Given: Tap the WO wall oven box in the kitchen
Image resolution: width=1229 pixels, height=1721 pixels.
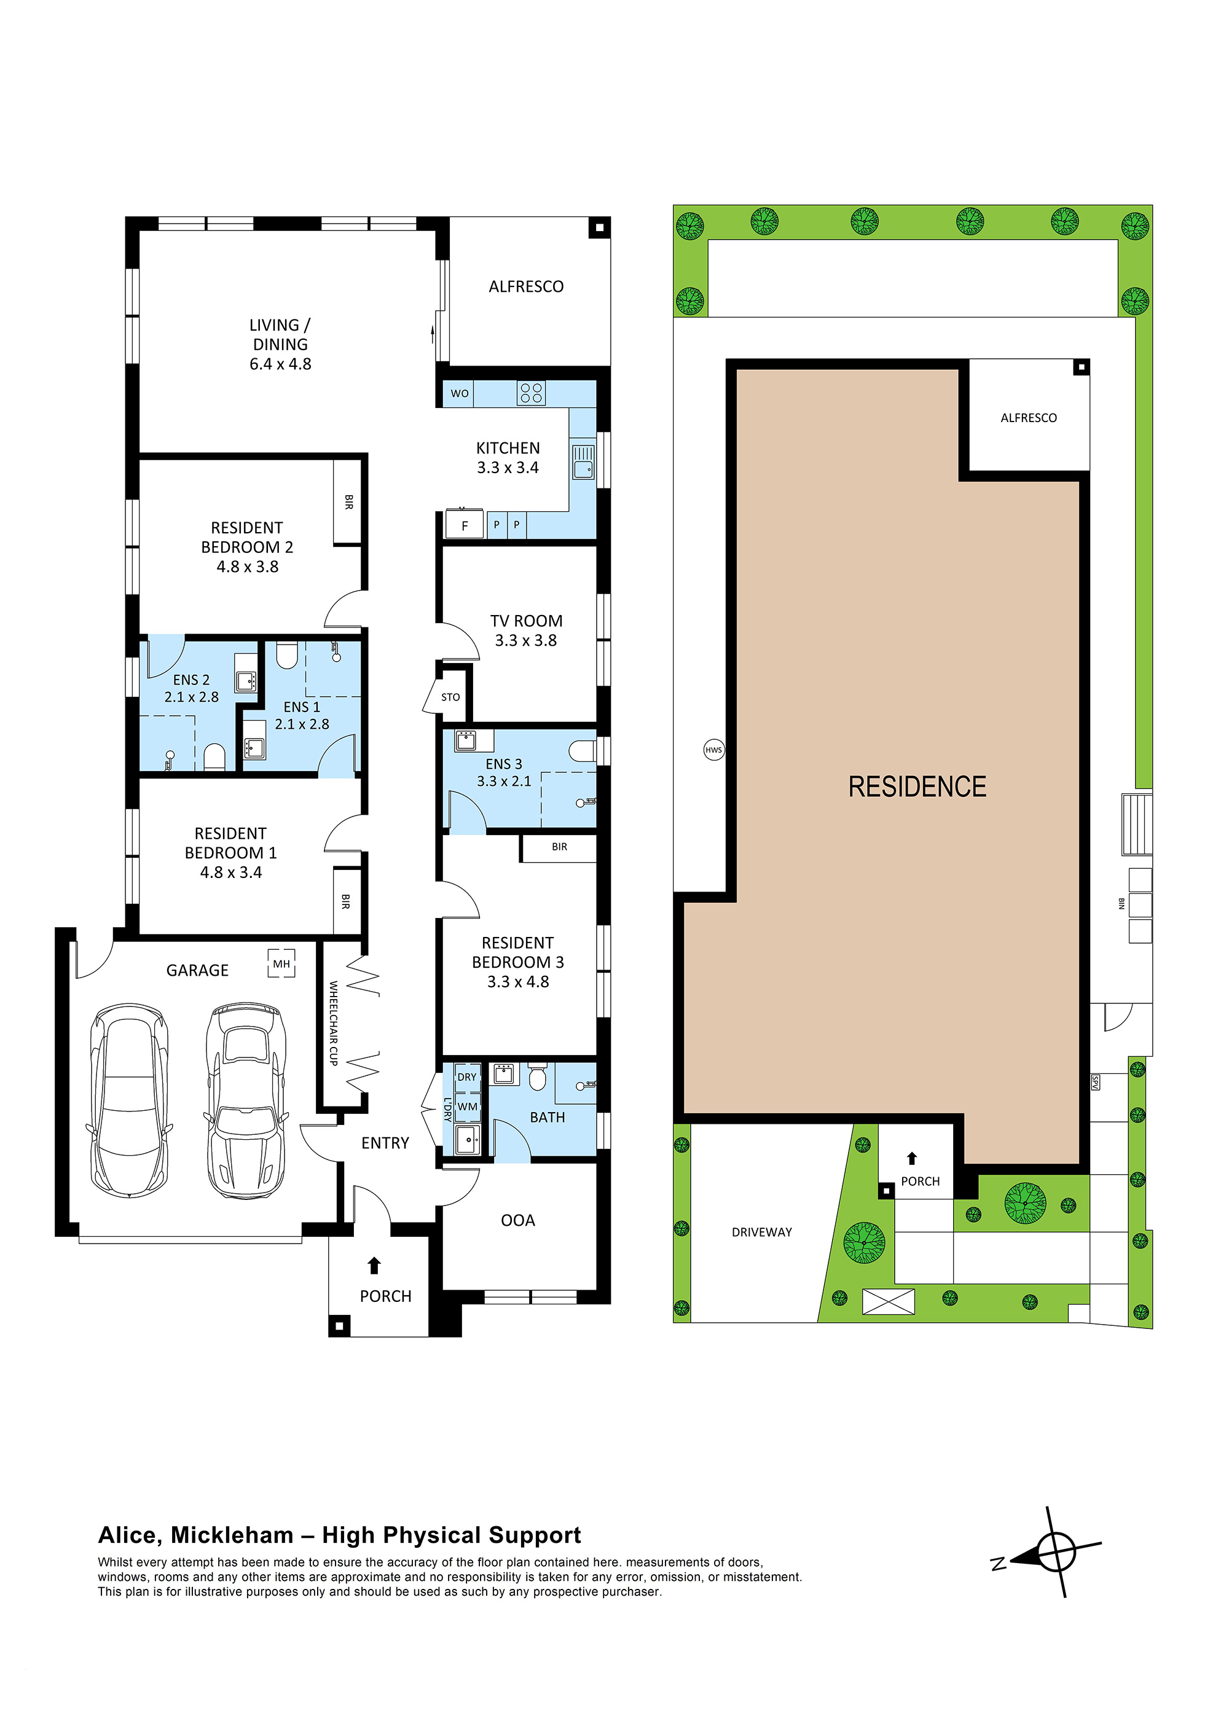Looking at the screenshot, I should pyautogui.click(x=460, y=393).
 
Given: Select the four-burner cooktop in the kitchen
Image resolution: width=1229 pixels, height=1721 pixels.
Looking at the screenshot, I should pyautogui.click(x=530, y=393).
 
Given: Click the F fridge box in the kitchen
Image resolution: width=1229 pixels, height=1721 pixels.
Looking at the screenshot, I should pyautogui.click(x=465, y=525).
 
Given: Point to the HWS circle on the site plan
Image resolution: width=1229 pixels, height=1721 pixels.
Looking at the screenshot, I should pyautogui.click(x=713, y=750).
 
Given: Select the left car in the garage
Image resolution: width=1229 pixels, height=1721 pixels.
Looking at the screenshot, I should pyautogui.click(x=128, y=1100).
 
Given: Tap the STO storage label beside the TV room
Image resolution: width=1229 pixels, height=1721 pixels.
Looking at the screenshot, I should pyautogui.click(x=450, y=697).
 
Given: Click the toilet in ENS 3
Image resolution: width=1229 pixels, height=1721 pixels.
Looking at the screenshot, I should pyautogui.click(x=582, y=751).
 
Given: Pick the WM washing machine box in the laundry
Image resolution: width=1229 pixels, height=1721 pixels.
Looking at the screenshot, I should pyautogui.click(x=468, y=1106).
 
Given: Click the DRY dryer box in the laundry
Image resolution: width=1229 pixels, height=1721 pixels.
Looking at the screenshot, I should pyautogui.click(x=467, y=1076).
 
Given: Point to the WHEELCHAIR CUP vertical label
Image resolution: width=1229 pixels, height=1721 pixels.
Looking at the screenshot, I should pyautogui.click(x=333, y=1023).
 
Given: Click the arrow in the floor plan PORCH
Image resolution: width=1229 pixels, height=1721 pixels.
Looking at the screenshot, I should pyautogui.click(x=374, y=1266).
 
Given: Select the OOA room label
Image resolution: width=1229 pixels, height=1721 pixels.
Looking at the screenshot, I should pyautogui.click(x=517, y=1220).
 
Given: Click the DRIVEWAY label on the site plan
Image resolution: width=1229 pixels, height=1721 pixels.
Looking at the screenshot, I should pyautogui.click(x=761, y=1231).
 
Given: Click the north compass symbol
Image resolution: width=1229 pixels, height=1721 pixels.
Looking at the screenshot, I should pyautogui.click(x=1055, y=1551).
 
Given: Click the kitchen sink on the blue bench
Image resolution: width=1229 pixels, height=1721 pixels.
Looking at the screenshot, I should pyautogui.click(x=583, y=462).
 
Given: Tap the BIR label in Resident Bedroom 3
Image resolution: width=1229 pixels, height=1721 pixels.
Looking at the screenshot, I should pyautogui.click(x=559, y=847).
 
